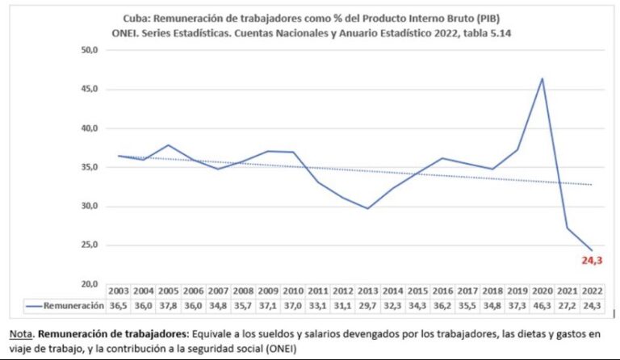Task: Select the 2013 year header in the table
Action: [368, 291]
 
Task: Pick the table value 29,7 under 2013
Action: [368, 305]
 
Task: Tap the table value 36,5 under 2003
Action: [119, 305]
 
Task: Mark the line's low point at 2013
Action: [368, 208]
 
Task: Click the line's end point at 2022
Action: [592, 250]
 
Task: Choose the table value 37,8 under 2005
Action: [169, 305]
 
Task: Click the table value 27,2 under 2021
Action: [568, 305]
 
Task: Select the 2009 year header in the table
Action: [269, 291]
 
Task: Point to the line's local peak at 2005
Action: [169, 145]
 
